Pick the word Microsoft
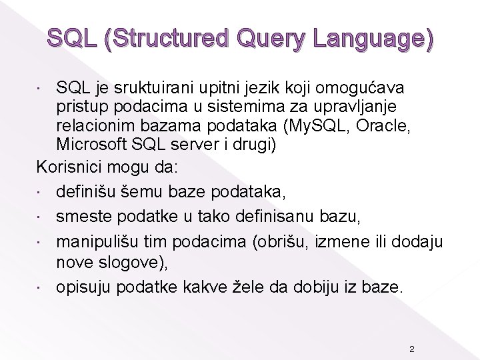[90, 143]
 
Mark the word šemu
[137, 193]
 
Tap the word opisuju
[83, 287]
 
